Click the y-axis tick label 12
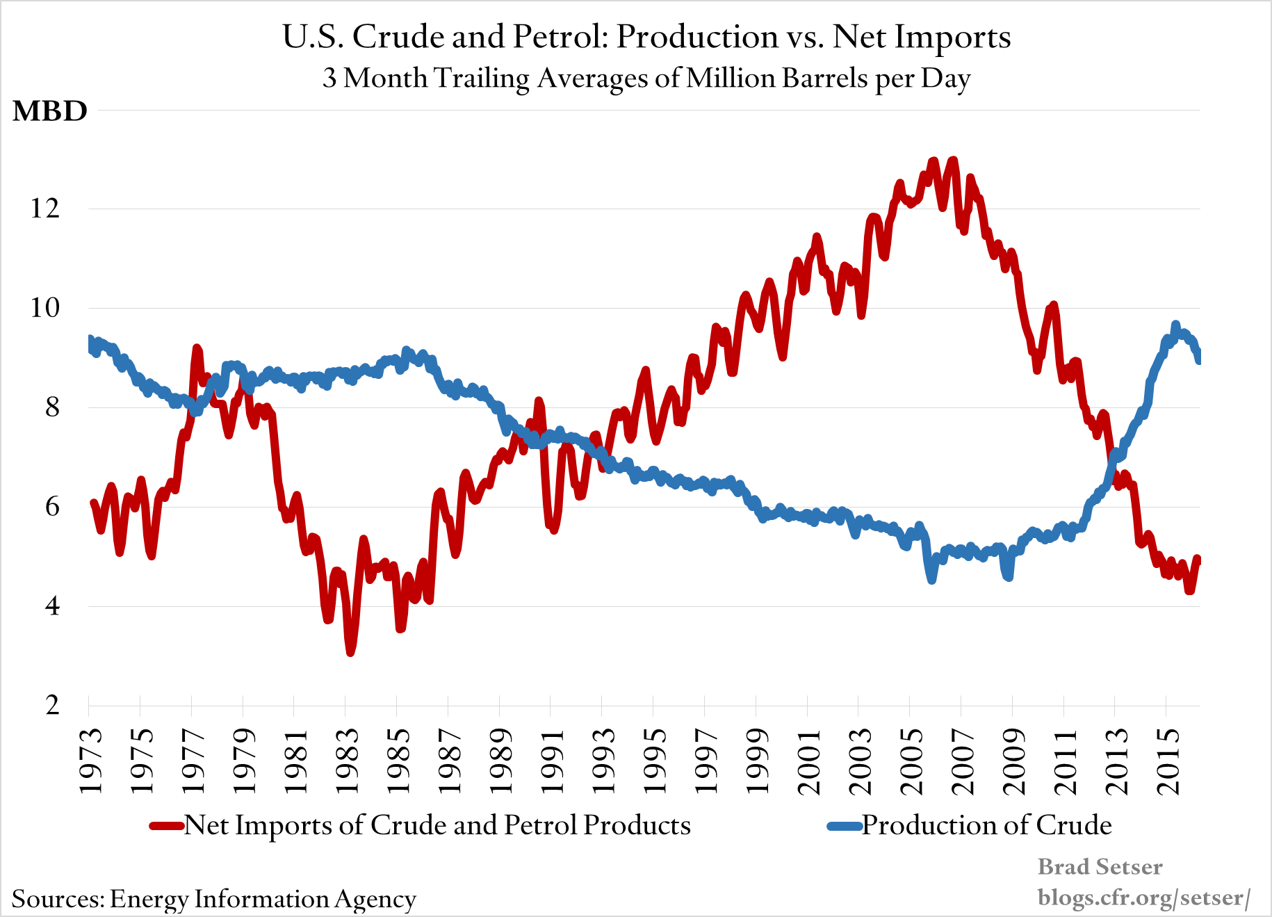coord(44,208)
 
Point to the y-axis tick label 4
coord(52,606)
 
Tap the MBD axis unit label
coord(50,111)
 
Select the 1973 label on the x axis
coord(90,761)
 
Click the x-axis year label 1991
coord(552,761)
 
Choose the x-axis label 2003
coord(860,761)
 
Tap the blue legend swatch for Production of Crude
coord(845,826)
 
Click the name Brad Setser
coord(1100,867)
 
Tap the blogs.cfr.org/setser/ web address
coord(1143,898)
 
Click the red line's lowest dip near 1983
coord(350,651)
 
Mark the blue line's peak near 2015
coord(1175,325)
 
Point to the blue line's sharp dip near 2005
coord(931,578)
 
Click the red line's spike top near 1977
coord(197,348)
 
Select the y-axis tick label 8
coord(52,407)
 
